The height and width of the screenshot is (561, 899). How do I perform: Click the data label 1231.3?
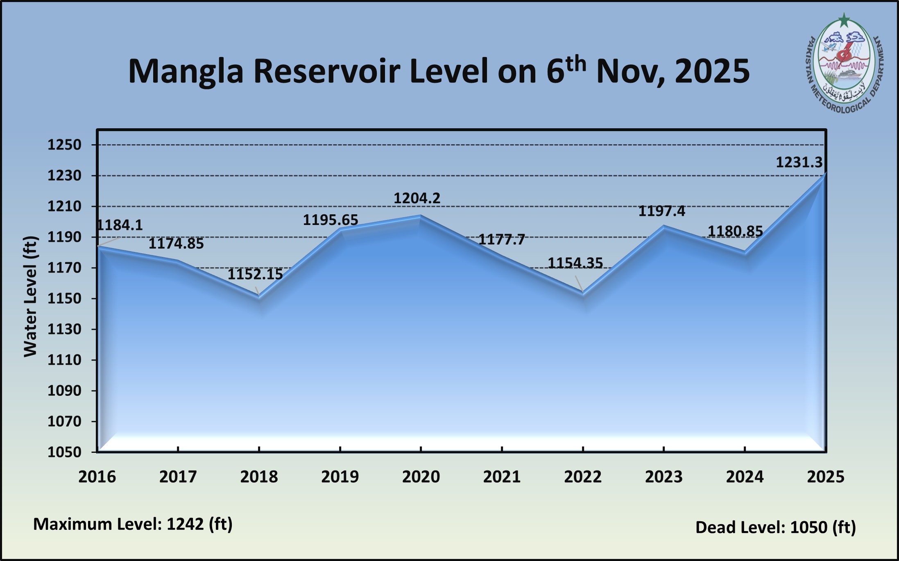[799, 163]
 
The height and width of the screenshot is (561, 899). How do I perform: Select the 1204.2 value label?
[417, 198]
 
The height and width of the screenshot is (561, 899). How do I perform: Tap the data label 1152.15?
[255, 274]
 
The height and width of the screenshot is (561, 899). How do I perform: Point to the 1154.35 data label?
[575, 263]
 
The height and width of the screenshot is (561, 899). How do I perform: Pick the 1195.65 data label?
[330, 220]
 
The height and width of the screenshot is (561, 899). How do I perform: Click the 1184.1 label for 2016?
[120, 225]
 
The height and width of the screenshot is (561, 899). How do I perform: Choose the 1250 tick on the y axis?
[64, 145]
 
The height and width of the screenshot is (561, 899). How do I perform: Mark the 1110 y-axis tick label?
[64, 360]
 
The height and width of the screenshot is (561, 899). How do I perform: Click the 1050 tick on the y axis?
[64, 452]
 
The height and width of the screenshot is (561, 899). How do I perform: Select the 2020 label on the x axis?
[421, 477]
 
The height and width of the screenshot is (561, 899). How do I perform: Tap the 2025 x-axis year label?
[825, 477]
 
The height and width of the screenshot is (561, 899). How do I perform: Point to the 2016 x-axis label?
[97, 477]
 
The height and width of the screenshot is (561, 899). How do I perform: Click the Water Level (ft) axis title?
[30, 297]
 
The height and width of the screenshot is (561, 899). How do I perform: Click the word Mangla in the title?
[186, 72]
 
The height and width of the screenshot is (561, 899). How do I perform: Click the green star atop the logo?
[844, 20]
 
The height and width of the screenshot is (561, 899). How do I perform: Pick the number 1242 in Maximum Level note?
[185, 524]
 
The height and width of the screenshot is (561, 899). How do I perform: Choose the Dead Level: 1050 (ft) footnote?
[775, 527]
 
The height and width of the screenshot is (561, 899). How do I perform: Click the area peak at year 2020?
[421, 216]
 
